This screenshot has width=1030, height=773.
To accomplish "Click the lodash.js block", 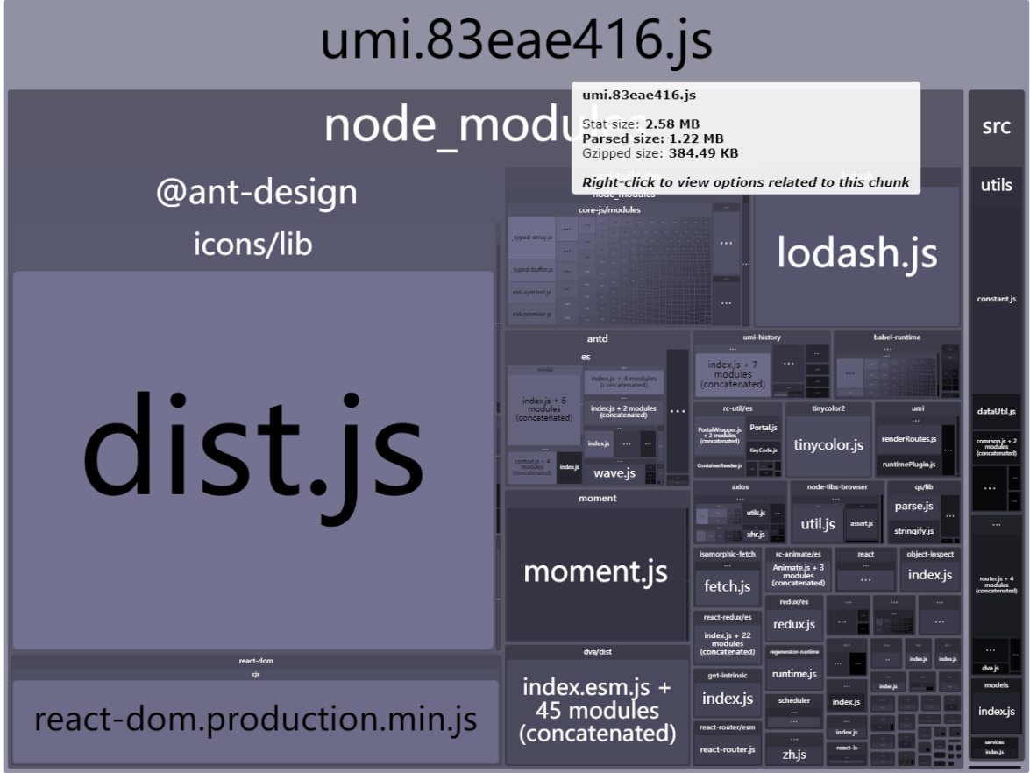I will click(856, 254).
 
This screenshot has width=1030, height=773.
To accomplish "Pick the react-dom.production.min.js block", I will click(255, 720).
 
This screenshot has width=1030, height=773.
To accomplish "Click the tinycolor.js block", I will click(828, 445).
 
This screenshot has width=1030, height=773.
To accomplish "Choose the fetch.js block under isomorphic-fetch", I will click(728, 586).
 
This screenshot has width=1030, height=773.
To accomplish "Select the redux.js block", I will click(794, 625).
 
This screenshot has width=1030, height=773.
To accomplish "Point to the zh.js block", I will click(794, 754).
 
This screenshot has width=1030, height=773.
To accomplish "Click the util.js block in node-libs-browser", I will click(818, 524).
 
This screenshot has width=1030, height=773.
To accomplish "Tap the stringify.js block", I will click(913, 530).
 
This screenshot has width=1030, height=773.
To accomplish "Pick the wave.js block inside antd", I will click(614, 473).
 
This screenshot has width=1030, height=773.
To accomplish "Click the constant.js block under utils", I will click(997, 300).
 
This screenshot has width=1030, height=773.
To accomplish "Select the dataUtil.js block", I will click(997, 411).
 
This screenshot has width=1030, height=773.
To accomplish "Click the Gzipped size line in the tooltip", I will click(660, 153).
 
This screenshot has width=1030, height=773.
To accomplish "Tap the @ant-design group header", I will click(256, 192).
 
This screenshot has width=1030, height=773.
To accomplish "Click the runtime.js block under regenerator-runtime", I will click(794, 674).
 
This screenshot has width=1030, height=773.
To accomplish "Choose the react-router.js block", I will click(728, 749).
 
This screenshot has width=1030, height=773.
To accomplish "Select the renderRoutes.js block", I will click(909, 438).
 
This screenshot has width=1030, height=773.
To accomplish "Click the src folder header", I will click(997, 127).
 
